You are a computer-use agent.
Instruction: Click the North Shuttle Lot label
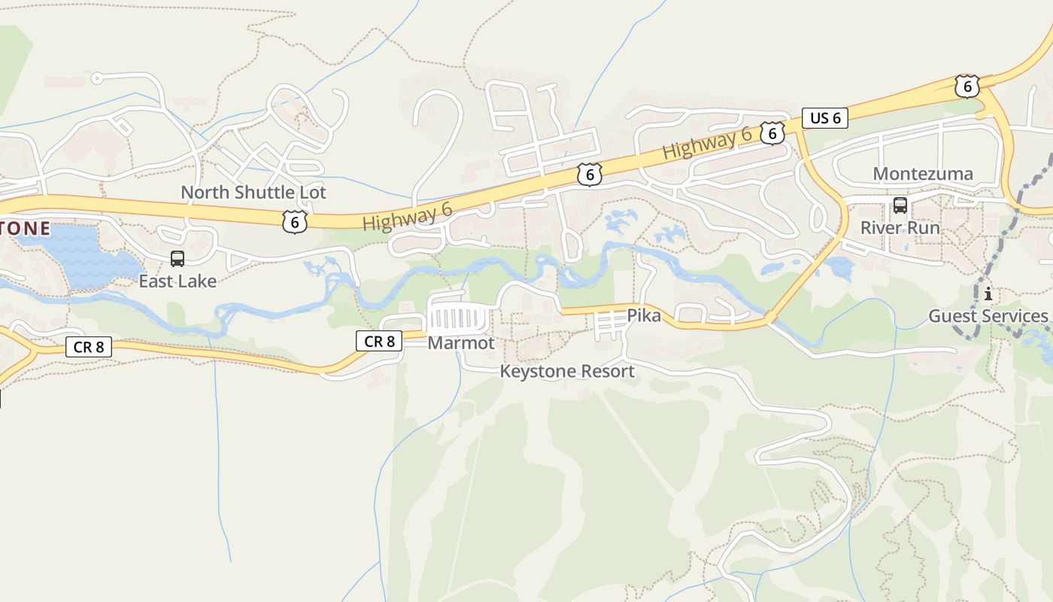click(253, 193)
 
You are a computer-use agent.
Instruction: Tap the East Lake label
click(178, 281)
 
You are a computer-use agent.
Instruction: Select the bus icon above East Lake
click(178, 259)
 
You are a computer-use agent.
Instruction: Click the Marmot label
click(461, 343)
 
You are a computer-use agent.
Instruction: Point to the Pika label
click(644, 315)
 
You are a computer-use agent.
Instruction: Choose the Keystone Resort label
click(567, 371)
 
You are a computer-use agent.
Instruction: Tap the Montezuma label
click(922, 174)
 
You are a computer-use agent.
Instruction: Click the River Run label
click(900, 227)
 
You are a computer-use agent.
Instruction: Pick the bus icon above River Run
click(900, 205)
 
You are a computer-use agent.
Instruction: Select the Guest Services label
click(988, 316)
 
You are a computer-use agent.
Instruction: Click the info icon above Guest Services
click(988, 293)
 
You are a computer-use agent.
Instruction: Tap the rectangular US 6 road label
click(824, 118)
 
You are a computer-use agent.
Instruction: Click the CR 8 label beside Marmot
click(379, 342)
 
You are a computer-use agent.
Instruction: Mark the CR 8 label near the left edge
click(89, 347)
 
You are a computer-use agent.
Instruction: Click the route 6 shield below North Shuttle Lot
click(295, 221)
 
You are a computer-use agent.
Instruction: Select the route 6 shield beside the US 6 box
click(772, 133)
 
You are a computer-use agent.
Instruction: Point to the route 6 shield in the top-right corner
click(967, 87)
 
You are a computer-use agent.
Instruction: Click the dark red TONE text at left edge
click(26, 228)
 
